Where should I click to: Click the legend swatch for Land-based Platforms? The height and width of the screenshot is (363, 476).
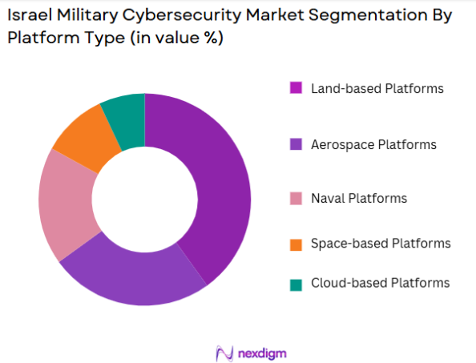click(x=296, y=88)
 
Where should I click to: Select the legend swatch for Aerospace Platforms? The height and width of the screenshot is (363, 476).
click(x=296, y=145)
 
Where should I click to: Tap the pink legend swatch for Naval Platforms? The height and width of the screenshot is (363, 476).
click(x=296, y=199)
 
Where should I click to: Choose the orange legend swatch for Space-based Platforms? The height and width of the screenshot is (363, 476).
click(x=296, y=244)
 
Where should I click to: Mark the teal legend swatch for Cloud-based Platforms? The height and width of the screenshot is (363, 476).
click(x=296, y=284)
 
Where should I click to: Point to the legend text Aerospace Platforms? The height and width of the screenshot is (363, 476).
click(x=373, y=145)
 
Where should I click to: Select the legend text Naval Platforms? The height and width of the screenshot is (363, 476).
click(x=359, y=199)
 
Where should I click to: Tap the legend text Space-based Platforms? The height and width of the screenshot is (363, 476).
click(x=381, y=244)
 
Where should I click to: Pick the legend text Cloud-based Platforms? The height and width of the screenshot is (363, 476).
click(x=380, y=284)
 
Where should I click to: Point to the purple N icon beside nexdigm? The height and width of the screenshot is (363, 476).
click(x=224, y=353)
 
